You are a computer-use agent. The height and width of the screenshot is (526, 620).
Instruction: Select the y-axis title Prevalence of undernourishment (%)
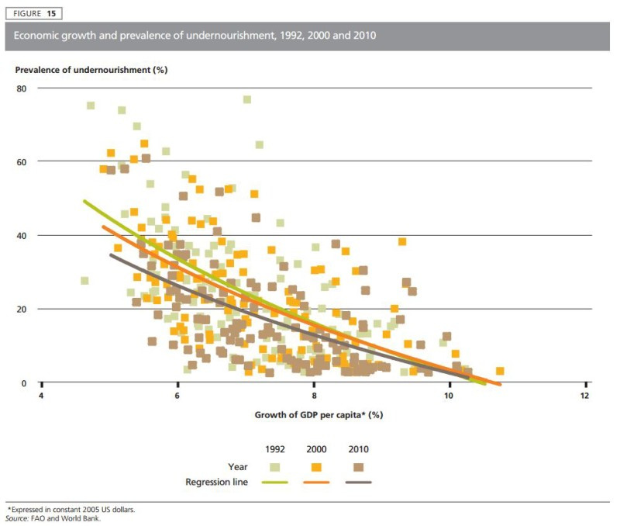91,70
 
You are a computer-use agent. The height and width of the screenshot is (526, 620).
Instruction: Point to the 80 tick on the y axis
22,88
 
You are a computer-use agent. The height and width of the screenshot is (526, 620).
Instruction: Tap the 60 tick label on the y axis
22,161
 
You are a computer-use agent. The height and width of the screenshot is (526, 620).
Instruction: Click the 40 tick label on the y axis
22,235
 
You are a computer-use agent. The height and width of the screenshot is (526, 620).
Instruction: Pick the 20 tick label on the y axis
22,309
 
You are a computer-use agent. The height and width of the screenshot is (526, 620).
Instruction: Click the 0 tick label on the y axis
24,382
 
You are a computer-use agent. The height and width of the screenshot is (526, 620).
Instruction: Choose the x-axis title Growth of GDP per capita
319,414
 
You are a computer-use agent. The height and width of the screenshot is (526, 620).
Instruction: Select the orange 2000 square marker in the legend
315,466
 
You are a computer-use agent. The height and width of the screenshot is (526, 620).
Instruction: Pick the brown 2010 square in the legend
358,466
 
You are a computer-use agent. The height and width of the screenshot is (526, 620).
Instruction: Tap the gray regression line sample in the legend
358,482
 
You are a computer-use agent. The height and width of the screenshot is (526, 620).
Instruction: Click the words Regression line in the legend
216,482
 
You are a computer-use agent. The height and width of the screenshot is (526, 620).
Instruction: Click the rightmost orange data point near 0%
500,372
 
